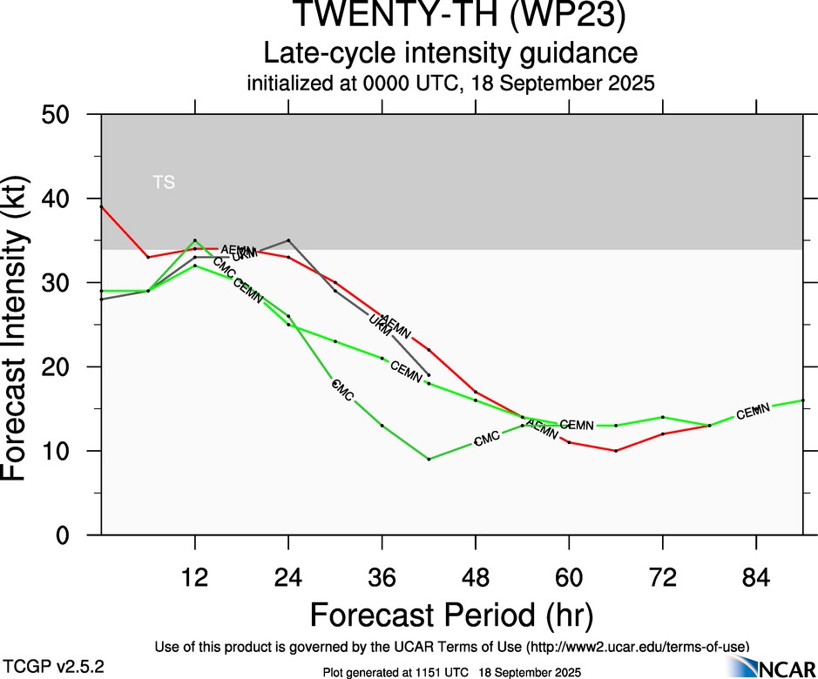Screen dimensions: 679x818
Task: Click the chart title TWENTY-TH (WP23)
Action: (459, 16)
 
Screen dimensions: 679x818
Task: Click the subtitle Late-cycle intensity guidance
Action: (450, 54)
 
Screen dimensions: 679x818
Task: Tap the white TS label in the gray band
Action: (164, 183)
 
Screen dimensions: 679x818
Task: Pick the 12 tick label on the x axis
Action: (195, 575)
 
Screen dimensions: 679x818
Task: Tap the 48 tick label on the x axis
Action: (476, 575)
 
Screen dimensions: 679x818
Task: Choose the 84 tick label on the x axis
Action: (756, 575)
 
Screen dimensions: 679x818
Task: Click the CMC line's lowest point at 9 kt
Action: (429, 459)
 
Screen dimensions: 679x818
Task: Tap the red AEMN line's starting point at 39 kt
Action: (102, 207)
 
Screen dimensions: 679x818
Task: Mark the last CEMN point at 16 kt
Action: (802, 400)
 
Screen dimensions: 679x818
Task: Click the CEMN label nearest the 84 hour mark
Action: (754, 412)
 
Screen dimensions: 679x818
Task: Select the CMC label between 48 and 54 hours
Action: (488, 439)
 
